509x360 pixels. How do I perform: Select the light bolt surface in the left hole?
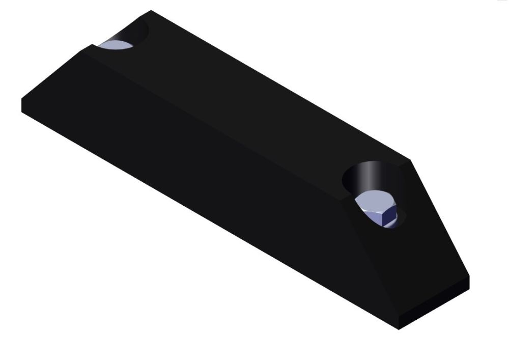[x=117, y=45]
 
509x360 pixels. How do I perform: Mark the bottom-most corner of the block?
[x=400, y=329]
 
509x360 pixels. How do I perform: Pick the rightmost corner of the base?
[x=469, y=278]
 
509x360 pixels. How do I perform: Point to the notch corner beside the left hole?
[x=92, y=45]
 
